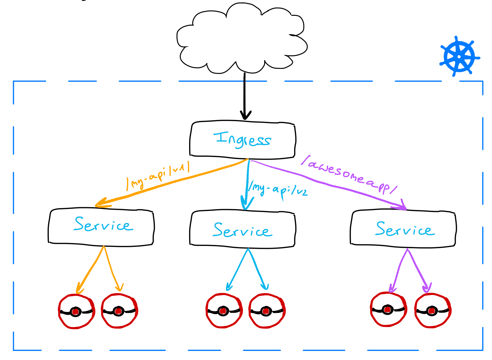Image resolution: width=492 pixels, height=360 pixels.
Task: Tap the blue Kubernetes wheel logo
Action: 459,57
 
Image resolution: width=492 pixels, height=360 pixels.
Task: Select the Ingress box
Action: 242,140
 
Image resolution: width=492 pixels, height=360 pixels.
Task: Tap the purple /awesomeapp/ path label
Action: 349,175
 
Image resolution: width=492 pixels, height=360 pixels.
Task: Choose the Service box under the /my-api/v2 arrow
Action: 242,229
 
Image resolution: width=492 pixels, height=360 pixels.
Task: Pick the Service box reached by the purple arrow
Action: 403,229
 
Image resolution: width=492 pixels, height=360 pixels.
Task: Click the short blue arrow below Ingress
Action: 247,184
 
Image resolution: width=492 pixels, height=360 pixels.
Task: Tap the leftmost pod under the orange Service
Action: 76,311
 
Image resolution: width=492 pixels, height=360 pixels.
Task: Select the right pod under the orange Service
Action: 119,311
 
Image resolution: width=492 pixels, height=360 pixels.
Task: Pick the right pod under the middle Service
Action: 266,311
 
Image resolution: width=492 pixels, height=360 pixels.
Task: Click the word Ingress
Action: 242,140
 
